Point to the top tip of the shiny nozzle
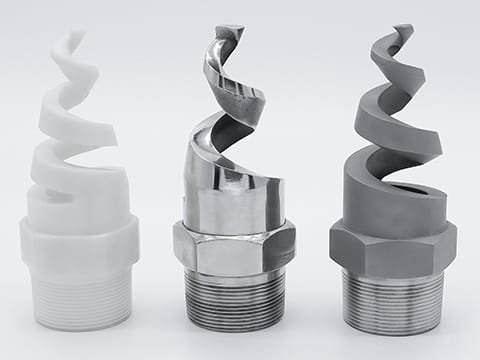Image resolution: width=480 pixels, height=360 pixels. [x=234, y=27]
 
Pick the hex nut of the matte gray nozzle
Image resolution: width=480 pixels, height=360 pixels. [x=393, y=245]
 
